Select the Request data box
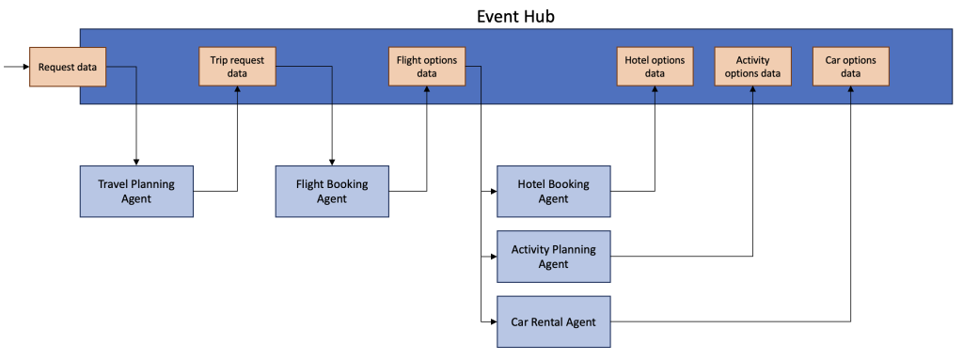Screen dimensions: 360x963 (x=68, y=67)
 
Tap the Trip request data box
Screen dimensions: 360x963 (x=238, y=67)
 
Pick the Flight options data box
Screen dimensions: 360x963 (x=427, y=67)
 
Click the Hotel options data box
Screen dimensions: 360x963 (x=655, y=67)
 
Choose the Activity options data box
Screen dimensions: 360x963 (x=752, y=67)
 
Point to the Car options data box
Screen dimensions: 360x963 (x=850, y=67)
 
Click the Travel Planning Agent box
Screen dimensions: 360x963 (x=136, y=191)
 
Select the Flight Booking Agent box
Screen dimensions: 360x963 (x=332, y=191)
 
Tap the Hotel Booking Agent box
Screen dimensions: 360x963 (x=553, y=191)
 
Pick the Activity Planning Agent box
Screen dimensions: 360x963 (x=553, y=257)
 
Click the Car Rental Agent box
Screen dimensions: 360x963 (x=553, y=322)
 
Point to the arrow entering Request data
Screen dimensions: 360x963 (x=16, y=67)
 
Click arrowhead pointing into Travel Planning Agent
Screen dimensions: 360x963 (x=136, y=161)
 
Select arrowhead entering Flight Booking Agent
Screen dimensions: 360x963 (x=332, y=161)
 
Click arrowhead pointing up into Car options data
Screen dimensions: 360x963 (x=850, y=91)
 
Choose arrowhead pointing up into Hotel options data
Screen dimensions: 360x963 (x=655, y=91)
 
